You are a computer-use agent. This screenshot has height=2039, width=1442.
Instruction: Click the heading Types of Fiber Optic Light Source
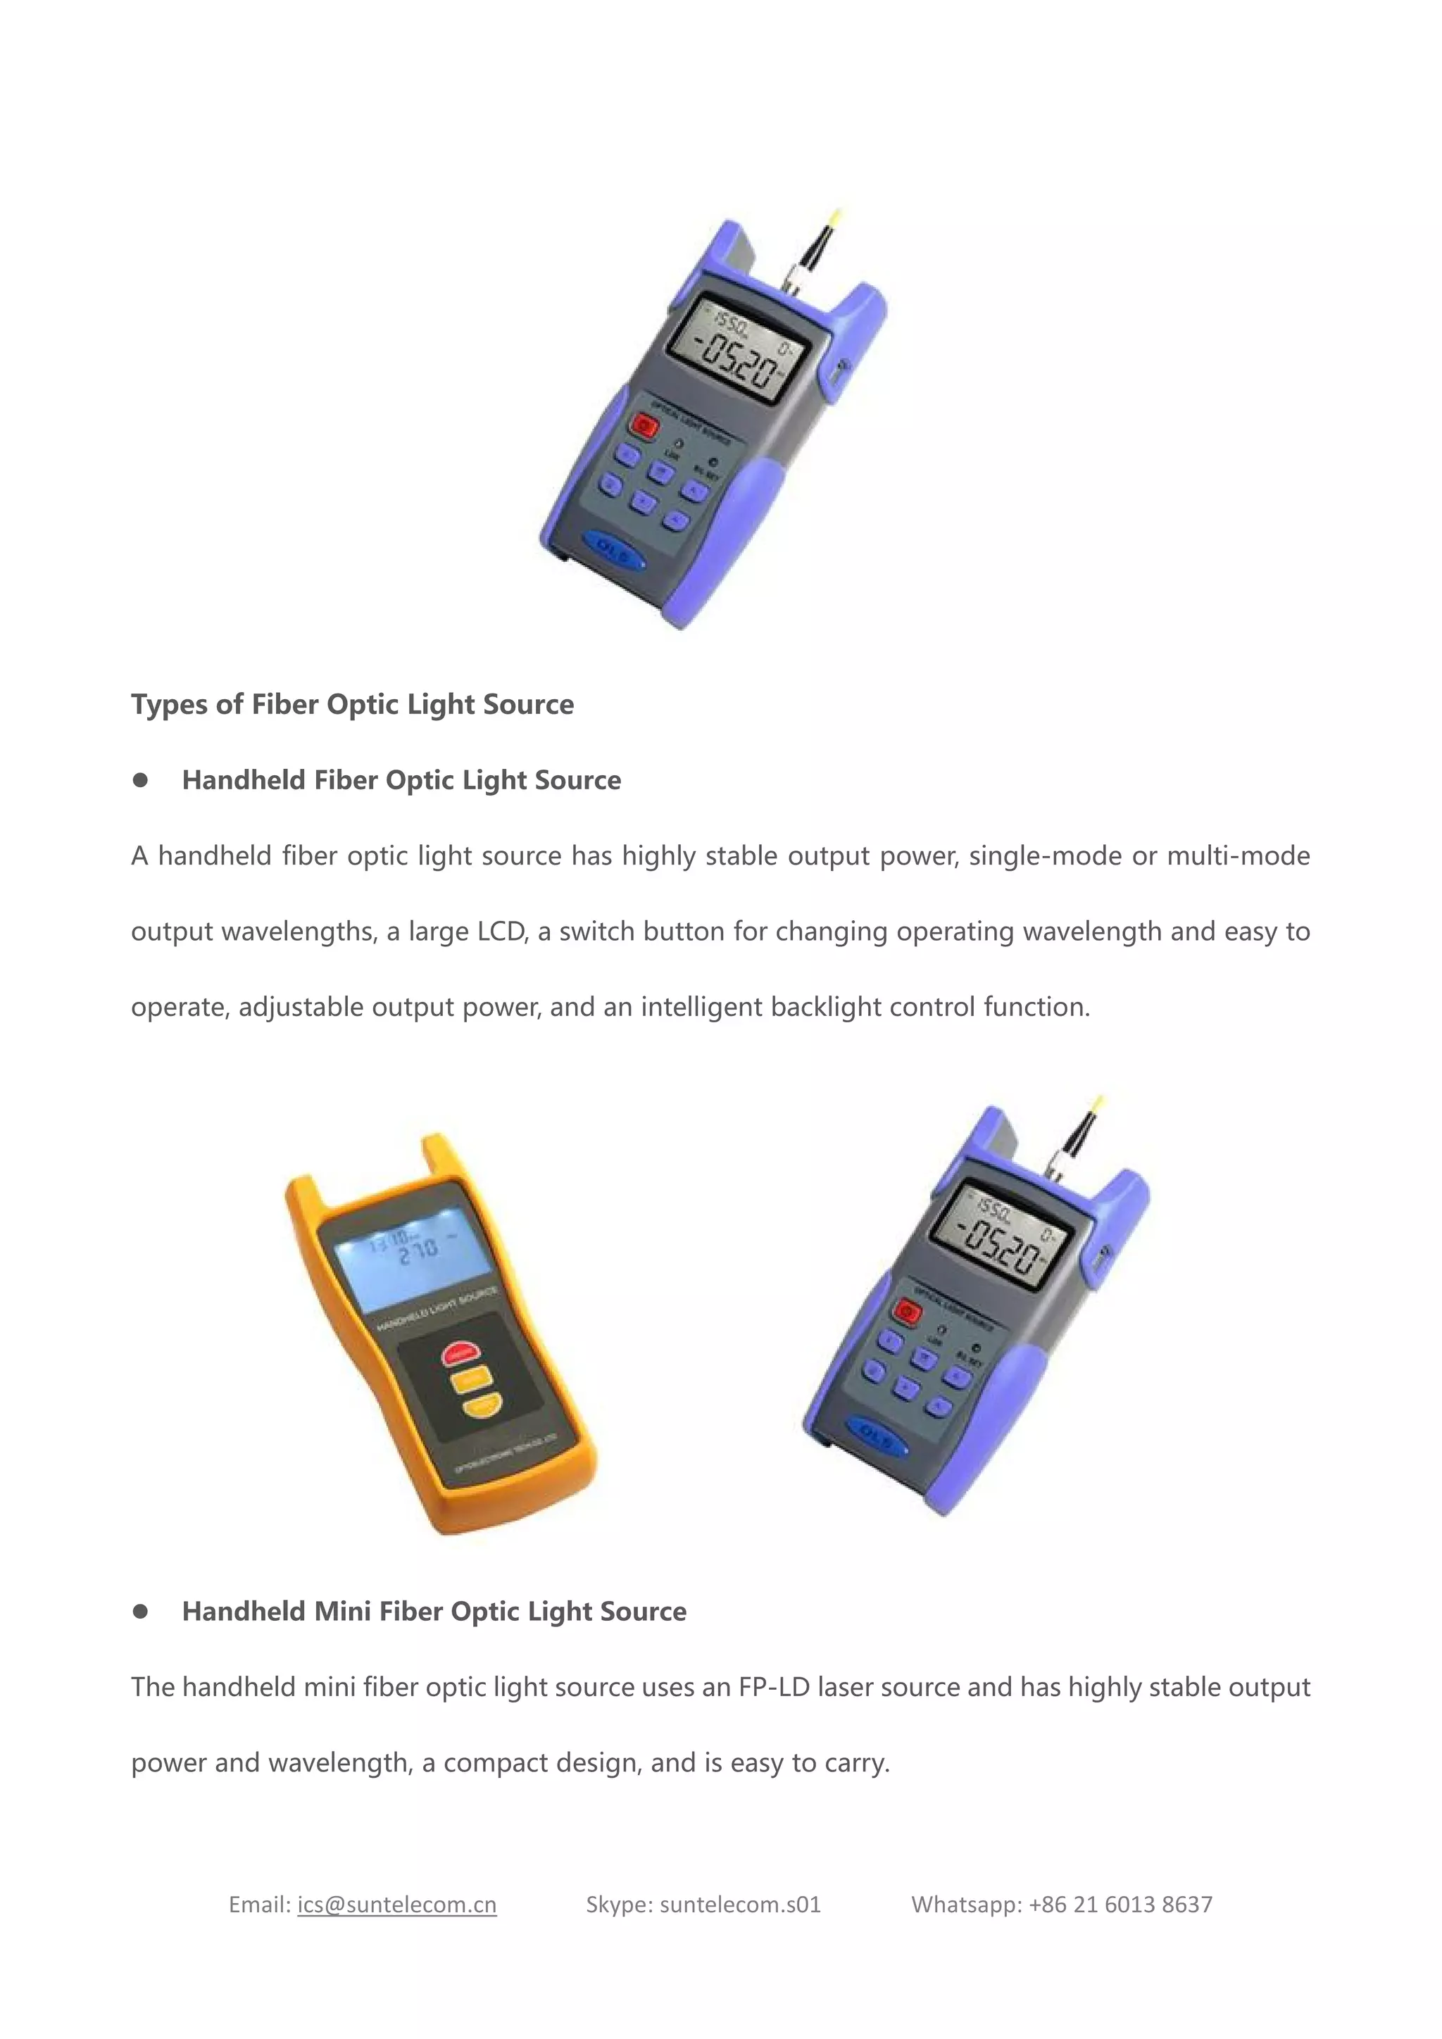353,704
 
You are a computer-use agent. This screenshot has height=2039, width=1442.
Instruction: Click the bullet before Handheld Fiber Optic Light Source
140,779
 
